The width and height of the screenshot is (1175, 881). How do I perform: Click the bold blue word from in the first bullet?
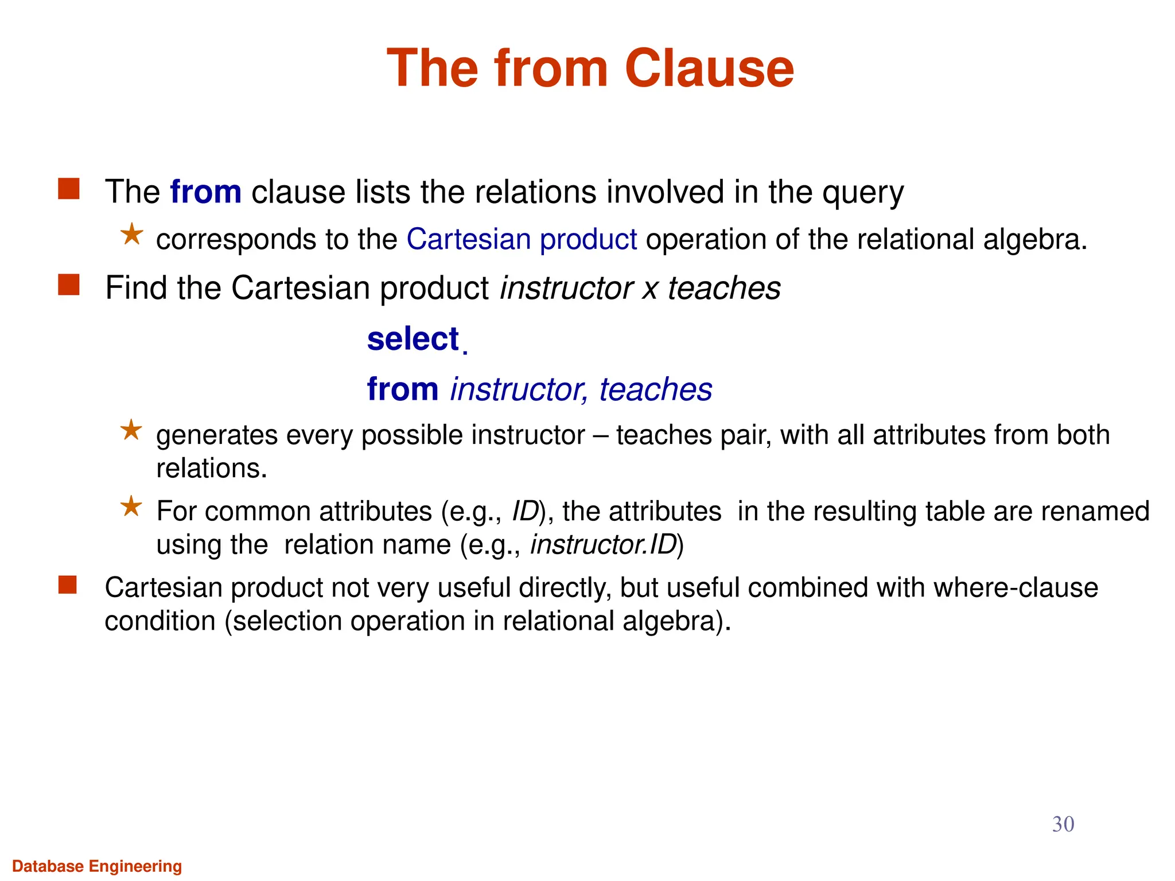[x=205, y=192]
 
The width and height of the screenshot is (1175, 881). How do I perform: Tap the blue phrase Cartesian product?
[x=522, y=239]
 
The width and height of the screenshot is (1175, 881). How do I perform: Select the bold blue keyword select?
[x=413, y=339]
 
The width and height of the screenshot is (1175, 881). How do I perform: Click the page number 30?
[x=1063, y=824]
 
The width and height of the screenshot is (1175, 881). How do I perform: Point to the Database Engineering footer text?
[x=97, y=866]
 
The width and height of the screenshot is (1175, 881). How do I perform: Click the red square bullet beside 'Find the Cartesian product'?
[x=69, y=285]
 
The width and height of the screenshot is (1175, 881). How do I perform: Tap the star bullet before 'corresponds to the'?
[x=132, y=235]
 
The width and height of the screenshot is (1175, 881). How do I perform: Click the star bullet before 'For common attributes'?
[x=131, y=506]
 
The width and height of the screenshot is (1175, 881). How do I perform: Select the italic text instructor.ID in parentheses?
[x=604, y=545]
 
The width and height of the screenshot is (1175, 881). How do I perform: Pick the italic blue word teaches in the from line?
[x=655, y=389]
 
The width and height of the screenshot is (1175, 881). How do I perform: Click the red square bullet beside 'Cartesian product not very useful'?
[x=68, y=585]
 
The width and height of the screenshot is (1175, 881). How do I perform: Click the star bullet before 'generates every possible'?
[x=131, y=430]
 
